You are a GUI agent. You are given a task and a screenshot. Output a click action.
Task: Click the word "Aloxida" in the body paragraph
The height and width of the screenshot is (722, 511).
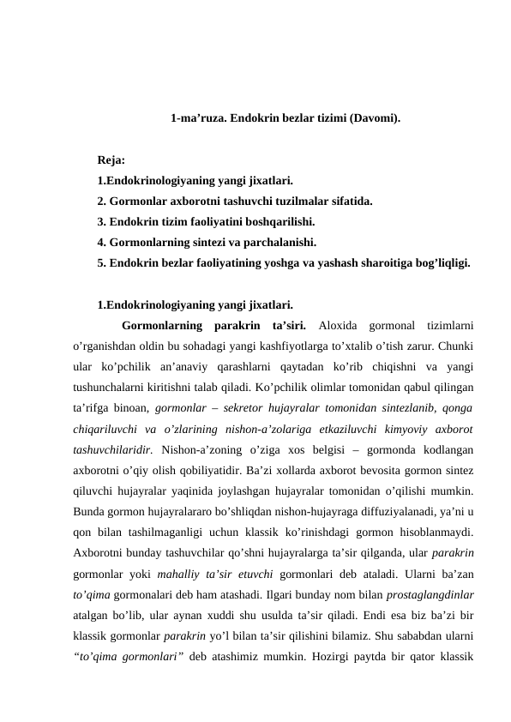335,326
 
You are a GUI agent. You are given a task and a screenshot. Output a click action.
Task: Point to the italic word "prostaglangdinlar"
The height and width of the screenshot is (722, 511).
436,593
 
